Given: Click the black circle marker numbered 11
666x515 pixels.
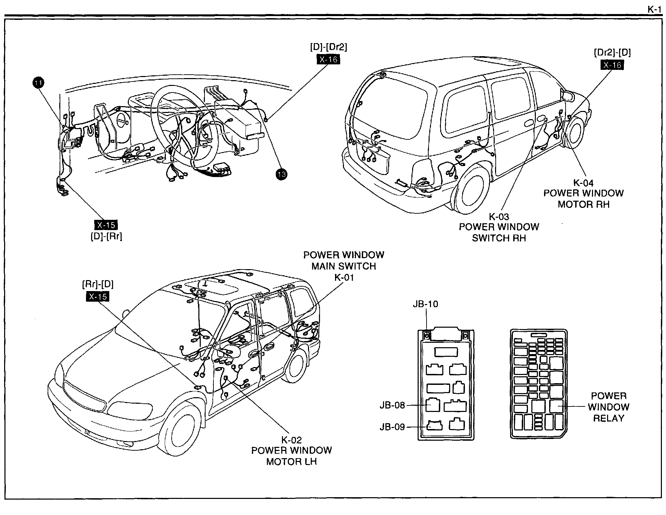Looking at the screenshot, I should pyautogui.click(x=38, y=83).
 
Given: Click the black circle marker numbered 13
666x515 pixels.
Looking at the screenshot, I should pyautogui.click(x=282, y=174).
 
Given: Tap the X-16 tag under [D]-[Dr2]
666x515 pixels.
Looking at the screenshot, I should pyautogui.click(x=328, y=60).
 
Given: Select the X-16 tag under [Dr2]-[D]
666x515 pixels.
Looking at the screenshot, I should pyautogui.click(x=612, y=65).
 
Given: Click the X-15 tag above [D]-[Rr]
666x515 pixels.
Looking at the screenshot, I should pyautogui.click(x=106, y=225).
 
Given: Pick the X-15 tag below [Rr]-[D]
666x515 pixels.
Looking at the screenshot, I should pyautogui.click(x=98, y=296).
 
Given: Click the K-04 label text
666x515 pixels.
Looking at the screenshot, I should pyautogui.click(x=583, y=183).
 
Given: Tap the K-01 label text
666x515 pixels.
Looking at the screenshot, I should pyautogui.click(x=344, y=277).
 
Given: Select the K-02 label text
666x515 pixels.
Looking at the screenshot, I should pyautogui.click(x=292, y=439).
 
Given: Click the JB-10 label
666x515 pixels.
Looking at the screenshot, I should pyautogui.click(x=425, y=304).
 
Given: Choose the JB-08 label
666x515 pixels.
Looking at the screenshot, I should pyautogui.click(x=392, y=405).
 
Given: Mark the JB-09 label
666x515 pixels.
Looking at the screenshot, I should pyautogui.click(x=392, y=427).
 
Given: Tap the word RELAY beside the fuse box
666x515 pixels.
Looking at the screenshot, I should pyautogui.click(x=608, y=418).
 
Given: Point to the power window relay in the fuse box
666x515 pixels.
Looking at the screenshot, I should pyautogui.click(x=556, y=406).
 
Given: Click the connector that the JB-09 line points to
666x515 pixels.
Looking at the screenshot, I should pyautogui.click(x=434, y=425).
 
